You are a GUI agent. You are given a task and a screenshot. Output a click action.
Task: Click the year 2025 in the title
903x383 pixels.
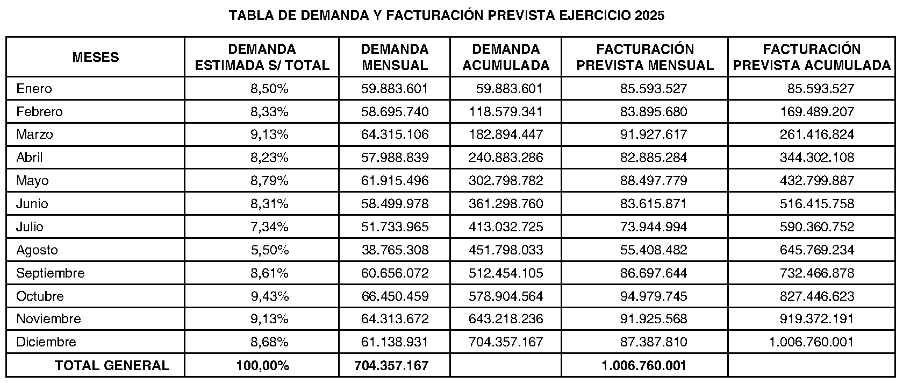[x=649, y=15]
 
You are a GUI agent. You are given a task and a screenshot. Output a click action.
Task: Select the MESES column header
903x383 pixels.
[x=96, y=57]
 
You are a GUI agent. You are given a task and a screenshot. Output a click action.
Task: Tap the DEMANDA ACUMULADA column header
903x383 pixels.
[x=506, y=57]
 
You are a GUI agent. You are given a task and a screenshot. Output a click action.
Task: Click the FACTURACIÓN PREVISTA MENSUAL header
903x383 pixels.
[x=645, y=57]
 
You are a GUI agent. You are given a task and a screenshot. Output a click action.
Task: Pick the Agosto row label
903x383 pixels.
[x=37, y=250]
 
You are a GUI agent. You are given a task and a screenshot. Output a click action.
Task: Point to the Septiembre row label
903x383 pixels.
[x=51, y=273]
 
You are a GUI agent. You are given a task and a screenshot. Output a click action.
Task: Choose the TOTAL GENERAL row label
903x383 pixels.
[x=112, y=365]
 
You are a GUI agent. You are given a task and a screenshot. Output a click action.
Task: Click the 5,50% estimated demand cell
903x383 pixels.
[x=270, y=250]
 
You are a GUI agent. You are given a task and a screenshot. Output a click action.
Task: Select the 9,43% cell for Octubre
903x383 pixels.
[x=270, y=296]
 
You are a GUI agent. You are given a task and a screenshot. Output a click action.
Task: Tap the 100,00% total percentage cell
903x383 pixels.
[x=262, y=365]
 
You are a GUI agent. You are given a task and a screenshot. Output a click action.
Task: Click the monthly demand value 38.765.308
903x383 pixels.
[x=395, y=250]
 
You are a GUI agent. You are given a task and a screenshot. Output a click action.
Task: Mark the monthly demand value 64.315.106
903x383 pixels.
[x=395, y=134]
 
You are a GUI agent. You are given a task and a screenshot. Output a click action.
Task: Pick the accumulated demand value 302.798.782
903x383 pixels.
[x=506, y=180]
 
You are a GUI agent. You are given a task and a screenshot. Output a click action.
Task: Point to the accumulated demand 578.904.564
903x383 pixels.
[x=506, y=296]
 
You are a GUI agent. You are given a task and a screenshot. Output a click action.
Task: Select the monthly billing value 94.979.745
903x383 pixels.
[x=654, y=296]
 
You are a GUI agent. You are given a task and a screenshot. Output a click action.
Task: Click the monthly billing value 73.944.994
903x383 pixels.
[x=654, y=226]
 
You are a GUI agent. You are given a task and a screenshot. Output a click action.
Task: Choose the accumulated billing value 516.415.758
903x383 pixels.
[x=817, y=203]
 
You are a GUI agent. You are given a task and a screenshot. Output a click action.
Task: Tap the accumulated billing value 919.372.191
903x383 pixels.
[x=817, y=318]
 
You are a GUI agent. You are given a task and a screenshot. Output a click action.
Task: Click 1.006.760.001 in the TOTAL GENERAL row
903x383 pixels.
[x=644, y=365]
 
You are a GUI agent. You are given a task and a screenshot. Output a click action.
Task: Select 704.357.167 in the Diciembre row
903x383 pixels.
[x=506, y=342]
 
